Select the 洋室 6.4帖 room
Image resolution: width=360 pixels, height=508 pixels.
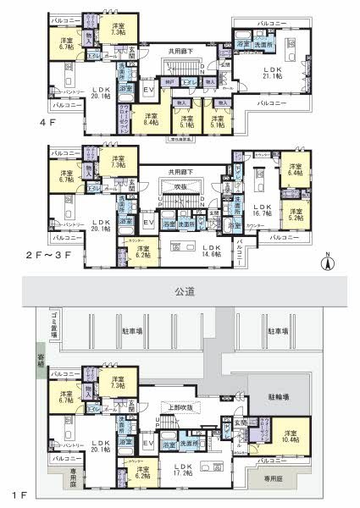(x=295, y=170)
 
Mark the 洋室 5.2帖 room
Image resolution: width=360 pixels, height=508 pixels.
(x=295, y=215)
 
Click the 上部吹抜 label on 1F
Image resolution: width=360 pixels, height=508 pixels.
(x=180, y=405)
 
